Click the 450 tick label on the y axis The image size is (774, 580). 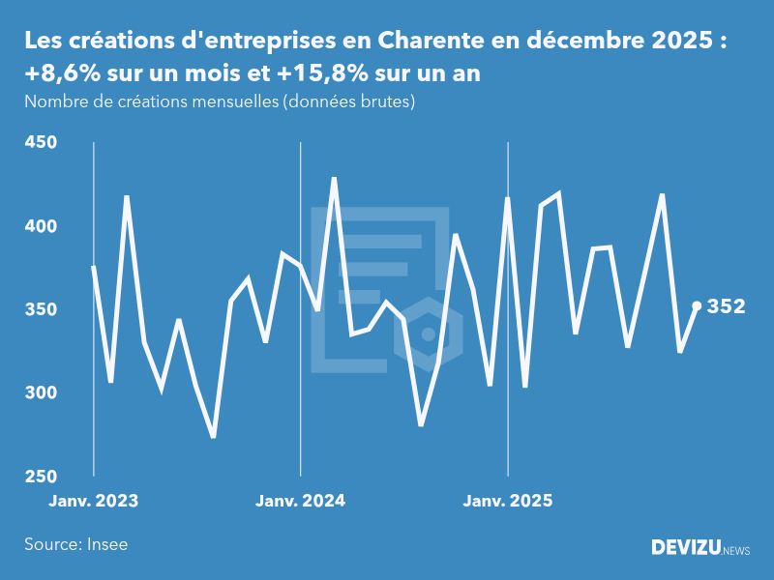tap(40, 143)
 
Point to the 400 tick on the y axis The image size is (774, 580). tap(40, 226)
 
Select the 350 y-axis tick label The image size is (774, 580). tap(40, 310)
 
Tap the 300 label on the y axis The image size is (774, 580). tap(40, 393)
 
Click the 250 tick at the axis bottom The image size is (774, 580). tap(40, 477)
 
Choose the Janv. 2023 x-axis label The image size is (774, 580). tap(94, 501)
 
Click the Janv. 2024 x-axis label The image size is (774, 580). tap(300, 501)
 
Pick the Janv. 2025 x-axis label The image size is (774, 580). tap(508, 501)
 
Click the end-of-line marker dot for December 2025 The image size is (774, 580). tap(697, 305)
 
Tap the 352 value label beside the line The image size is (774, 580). tap(727, 306)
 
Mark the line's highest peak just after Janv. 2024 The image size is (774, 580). tap(334, 179)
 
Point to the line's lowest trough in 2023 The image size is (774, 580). tap(213, 436)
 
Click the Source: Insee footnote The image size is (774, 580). tap(76, 544)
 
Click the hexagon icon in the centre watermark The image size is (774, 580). tap(428, 334)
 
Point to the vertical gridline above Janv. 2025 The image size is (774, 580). tap(508, 290)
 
